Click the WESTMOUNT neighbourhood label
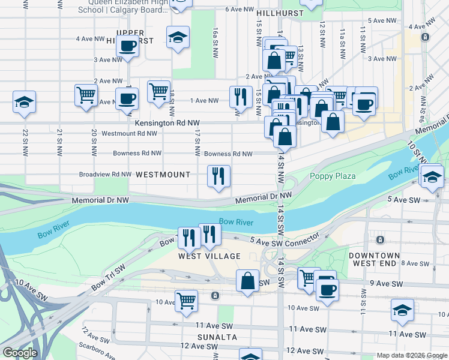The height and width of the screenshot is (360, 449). pyautogui.click(x=163, y=175)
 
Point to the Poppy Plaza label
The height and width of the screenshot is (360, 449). pyautogui.click(x=333, y=176)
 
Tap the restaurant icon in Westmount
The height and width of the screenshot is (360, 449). pyautogui.click(x=218, y=176)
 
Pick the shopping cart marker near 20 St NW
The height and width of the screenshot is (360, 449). pyautogui.click(x=86, y=95)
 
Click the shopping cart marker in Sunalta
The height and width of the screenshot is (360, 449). pyautogui.click(x=187, y=300)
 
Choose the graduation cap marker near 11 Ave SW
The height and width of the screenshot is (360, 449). pyautogui.click(x=402, y=310)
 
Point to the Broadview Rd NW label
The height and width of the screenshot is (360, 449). pyautogui.click(x=105, y=175)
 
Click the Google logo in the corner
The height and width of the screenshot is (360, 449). pyautogui.click(x=19, y=353)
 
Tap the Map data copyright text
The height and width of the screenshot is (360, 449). pyautogui.click(x=411, y=355)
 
